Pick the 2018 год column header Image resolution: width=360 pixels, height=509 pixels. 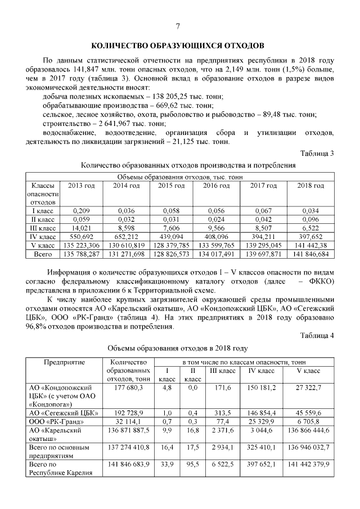[310, 186]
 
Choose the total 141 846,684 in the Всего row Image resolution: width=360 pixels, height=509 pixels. [310, 254]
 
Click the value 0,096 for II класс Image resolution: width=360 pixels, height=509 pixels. [310, 220]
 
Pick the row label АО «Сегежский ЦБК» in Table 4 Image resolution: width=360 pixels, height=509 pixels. [61, 413]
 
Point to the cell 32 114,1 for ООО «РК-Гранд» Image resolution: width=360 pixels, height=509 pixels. [129, 421]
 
